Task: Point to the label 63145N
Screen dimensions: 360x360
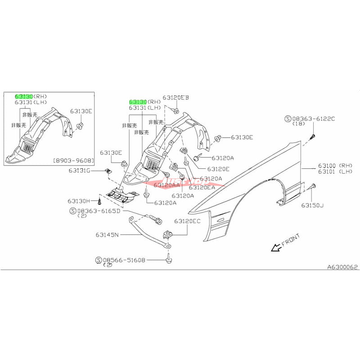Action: (106, 234)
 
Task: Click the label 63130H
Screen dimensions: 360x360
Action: (79, 201)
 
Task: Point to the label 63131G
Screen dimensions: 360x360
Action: (79, 171)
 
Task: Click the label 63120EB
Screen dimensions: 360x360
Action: (176, 97)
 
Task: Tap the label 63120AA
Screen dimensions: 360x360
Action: (166, 185)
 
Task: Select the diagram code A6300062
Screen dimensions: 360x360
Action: (342, 267)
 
